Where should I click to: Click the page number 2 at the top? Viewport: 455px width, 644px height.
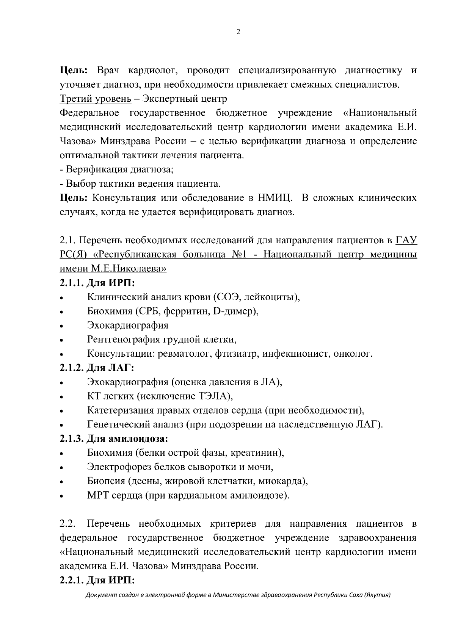pyautogui.click(x=238, y=32)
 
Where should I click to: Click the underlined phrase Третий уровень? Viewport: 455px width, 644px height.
pyautogui.click(x=96, y=99)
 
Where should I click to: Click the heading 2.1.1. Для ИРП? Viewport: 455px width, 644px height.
pyautogui.click(x=97, y=283)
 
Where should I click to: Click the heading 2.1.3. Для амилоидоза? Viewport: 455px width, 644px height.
pyautogui.click(x=114, y=439)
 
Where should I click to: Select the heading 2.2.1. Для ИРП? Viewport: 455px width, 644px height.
pyautogui.click(x=97, y=581)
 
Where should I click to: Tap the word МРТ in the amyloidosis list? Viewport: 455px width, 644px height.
pyautogui.click(x=98, y=496)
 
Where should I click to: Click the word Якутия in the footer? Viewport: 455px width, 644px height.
pyautogui.click(x=377, y=595)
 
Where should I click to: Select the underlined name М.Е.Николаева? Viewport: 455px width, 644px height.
pyautogui.click(x=129, y=269)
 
